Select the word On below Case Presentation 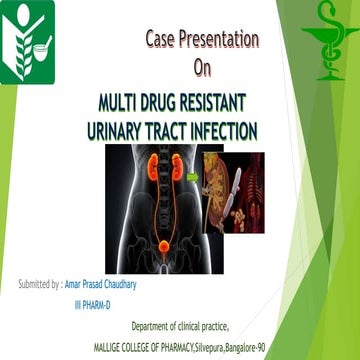click(x=203, y=67)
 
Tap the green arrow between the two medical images click(x=192, y=178)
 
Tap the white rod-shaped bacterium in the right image click(x=222, y=190)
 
